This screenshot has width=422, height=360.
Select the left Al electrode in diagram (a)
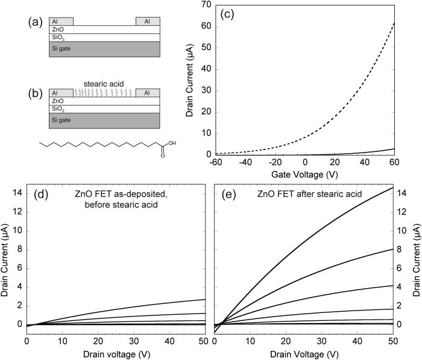tap(61, 21)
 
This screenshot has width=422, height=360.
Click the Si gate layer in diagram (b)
tap(104, 121)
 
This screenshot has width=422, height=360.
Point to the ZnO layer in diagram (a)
tap(104, 30)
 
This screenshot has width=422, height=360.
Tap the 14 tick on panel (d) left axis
tap(19, 193)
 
